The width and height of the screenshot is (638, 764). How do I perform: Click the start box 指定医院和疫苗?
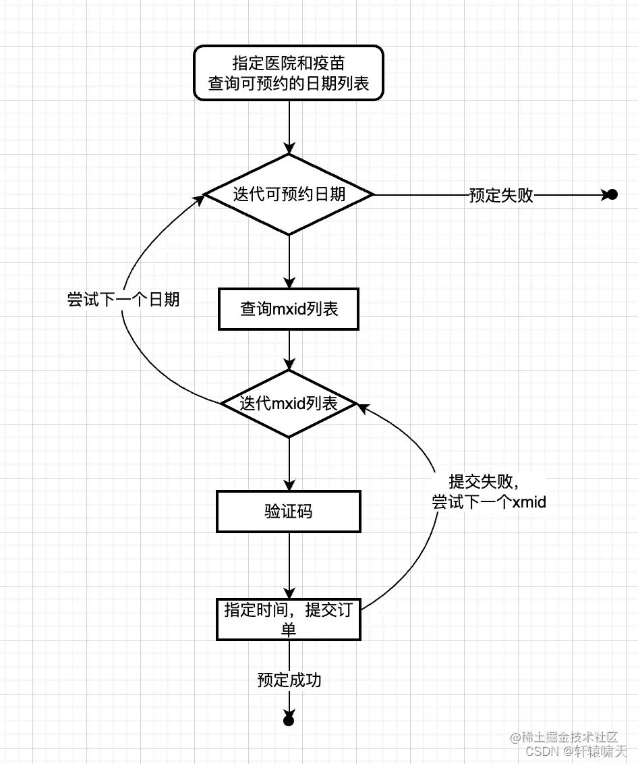coord(289,73)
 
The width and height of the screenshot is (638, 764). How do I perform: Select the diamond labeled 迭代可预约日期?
coord(289,194)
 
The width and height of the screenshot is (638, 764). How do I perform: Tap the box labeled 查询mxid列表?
coord(289,310)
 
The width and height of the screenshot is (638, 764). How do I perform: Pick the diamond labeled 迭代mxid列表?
coord(289,404)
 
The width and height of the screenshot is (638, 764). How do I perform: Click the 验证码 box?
coord(289,511)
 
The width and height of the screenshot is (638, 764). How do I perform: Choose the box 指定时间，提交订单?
coord(289,619)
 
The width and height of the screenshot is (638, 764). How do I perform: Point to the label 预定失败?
coord(501,195)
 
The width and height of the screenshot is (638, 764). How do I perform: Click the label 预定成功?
coord(289,680)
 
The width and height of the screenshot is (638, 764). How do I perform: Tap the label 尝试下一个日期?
coord(123,300)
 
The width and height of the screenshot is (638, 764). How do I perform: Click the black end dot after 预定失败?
coord(612,195)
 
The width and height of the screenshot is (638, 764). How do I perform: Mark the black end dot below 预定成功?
coord(289,721)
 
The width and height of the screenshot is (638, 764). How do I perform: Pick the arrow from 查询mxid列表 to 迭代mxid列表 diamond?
coord(289,350)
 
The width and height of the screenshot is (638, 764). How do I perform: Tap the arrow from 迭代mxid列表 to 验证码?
coord(289,464)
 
